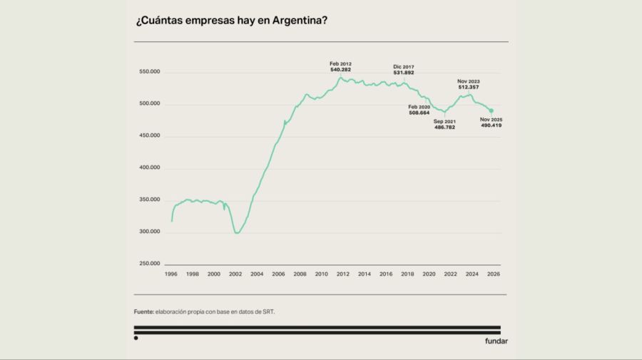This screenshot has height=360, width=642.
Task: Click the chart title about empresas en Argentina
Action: [x=231, y=20]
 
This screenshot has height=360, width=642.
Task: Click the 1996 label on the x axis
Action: [x=171, y=274]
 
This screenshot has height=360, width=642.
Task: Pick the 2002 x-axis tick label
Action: [x=235, y=274]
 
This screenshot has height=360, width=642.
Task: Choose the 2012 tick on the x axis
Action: [x=342, y=274]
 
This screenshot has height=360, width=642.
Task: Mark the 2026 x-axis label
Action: [x=493, y=274]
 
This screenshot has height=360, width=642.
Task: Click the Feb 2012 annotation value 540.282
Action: [x=341, y=69]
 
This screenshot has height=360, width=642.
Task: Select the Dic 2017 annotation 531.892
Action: [x=403, y=73]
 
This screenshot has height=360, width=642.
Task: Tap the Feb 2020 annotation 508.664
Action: [x=419, y=112]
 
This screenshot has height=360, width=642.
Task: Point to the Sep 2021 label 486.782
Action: [x=444, y=126]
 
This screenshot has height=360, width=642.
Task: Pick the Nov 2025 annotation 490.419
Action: [x=491, y=125]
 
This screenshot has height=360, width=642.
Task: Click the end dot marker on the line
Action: [x=491, y=110]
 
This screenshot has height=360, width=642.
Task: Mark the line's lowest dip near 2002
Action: [x=237, y=233]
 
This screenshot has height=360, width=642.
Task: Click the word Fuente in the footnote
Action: [x=144, y=312]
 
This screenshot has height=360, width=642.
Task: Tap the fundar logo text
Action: [x=496, y=341]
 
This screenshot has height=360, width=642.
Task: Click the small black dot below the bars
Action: [x=136, y=338]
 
